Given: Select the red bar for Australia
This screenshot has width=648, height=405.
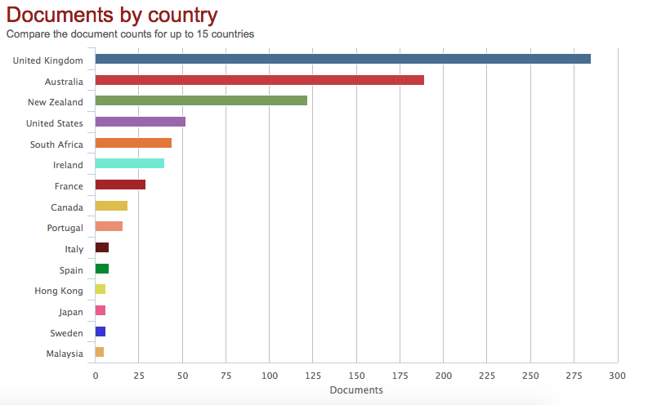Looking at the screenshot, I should (260, 80).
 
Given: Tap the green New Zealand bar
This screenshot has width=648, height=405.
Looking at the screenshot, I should (201, 101).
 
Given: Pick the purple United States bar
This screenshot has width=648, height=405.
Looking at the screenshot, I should (141, 122).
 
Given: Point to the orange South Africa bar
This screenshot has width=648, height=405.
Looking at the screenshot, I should (133, 143).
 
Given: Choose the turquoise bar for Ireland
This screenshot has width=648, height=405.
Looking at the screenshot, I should (130, 164).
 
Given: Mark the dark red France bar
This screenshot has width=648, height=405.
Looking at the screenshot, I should (120, 185).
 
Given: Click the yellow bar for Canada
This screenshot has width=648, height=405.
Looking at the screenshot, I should (111, 207).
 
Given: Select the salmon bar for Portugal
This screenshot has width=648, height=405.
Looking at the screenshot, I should (109, 227).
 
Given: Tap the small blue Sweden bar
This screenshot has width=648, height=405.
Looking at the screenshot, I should (101, 332).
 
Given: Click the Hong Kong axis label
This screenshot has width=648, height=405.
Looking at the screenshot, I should (59, 291).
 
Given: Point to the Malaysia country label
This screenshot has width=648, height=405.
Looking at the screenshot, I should (65, 354).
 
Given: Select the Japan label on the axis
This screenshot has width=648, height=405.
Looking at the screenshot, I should (70, 312).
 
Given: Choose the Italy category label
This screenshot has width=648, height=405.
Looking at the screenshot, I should (74, 249).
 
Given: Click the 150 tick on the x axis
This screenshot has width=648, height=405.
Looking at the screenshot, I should (356, 376).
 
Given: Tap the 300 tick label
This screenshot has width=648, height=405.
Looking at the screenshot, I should (618, 376).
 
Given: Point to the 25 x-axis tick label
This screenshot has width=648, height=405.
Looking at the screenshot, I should (139, 376).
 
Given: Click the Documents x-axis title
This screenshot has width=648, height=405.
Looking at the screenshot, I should (356, 390).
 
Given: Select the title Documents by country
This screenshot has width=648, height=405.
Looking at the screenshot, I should (112, 15).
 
